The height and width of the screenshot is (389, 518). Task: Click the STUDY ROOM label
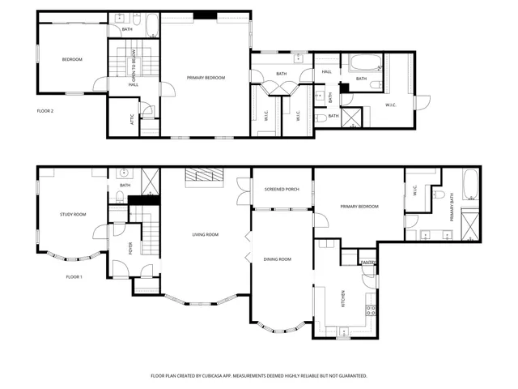tap(73, 215)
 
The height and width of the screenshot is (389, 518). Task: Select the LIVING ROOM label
tap(206, 235)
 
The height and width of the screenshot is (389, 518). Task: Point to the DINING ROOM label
tap(278, 259)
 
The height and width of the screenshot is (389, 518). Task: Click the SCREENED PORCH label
tap(281, 190)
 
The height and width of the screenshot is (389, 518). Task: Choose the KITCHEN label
tap(343, 300)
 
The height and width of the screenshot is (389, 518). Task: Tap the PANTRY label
tap(367, 263)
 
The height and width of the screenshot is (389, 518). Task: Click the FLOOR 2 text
tap(45, 110)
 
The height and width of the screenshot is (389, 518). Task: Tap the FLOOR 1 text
tap(74, 276)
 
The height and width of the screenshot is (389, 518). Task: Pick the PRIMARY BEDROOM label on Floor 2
tap(206, 78)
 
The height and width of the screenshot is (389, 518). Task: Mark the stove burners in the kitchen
tap(371, 309)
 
